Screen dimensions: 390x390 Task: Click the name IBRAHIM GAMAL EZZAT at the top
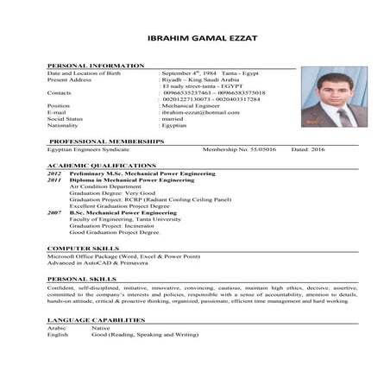point(194,39)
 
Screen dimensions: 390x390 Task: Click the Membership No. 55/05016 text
point(238,148)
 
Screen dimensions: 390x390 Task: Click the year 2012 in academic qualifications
point(53,173)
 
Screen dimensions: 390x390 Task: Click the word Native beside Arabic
point(101,329)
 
